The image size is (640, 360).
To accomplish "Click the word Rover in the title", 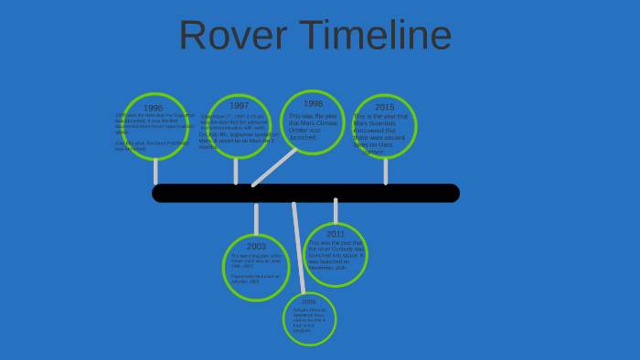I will (232, 36).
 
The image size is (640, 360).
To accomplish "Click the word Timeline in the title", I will (378, 36).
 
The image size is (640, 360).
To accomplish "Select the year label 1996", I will (153, 109).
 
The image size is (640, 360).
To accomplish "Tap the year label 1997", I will (239, 106).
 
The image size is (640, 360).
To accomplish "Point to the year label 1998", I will (313, 104).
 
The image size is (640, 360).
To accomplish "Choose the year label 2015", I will (385, 108).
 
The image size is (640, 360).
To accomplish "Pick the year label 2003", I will (256, 247).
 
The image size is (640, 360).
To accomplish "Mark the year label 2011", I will (336, 234).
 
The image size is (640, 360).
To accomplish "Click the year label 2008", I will (308, 302).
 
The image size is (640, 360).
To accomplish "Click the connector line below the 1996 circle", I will (155, 171).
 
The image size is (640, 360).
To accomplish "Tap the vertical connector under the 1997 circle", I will (236, 170).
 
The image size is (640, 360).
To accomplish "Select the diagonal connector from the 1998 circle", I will (274, 167).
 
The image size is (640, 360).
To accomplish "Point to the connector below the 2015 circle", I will (385, 170).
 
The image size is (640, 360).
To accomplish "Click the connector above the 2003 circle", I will (256, 219).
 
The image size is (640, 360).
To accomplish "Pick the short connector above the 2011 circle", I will (336, 211).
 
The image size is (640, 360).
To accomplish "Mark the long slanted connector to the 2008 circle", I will (297, 247).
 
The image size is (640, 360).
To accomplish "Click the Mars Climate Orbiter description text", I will (311, 126).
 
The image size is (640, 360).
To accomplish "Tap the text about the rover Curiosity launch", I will (335, 256).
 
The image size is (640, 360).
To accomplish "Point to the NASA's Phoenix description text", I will (309, 320).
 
